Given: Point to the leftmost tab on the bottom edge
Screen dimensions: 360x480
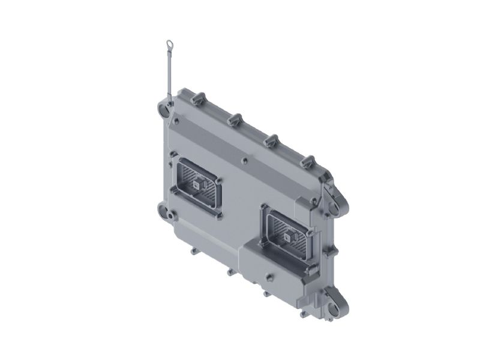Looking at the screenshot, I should point(193,251).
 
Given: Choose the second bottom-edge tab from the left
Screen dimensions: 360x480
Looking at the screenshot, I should point(229,272).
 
